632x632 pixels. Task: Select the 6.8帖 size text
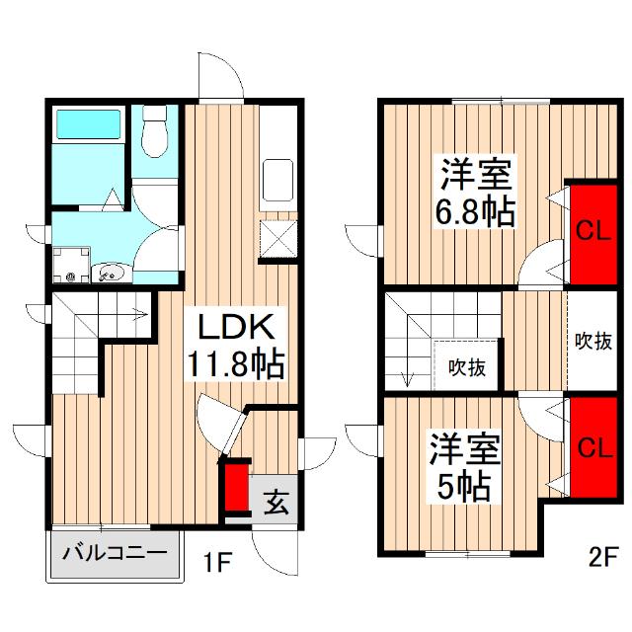click(475, 210)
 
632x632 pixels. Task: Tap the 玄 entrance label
click(276, 505)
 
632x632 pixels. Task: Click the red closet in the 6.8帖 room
click(590, 233)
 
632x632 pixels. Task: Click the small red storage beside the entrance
click(236, 488)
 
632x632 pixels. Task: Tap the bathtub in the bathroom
click(87, 125)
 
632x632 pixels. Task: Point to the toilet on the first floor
click(155, 135)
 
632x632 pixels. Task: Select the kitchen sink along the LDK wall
click(277, 180)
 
